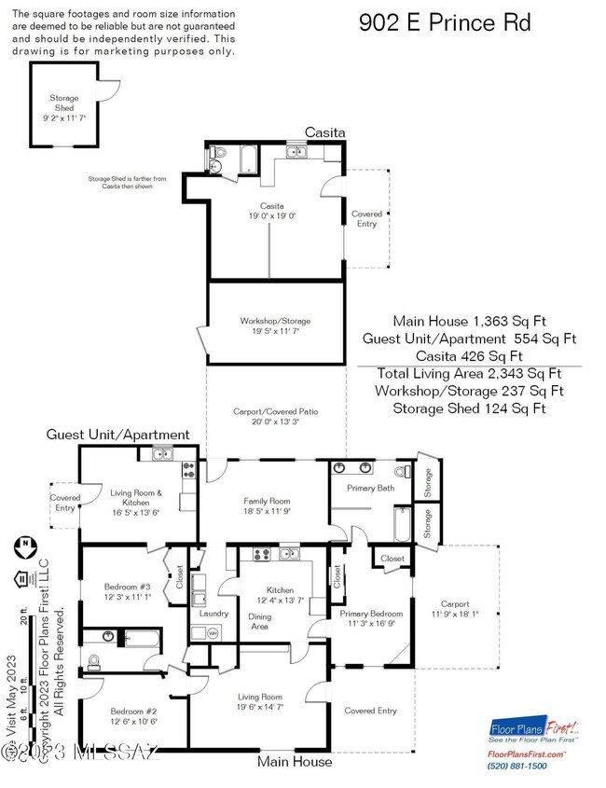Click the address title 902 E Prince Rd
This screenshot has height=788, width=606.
pyautogui.click(x=445, y=22)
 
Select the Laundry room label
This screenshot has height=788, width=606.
pyautogui.click(x=214, y=613)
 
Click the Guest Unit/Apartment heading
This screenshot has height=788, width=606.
pyautogui.click(x=118, y=435)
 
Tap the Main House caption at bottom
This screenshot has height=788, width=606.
pyautogui.click(x=295, y=762)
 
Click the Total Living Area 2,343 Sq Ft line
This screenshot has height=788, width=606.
pyautogui.click(x=471, y=373)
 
